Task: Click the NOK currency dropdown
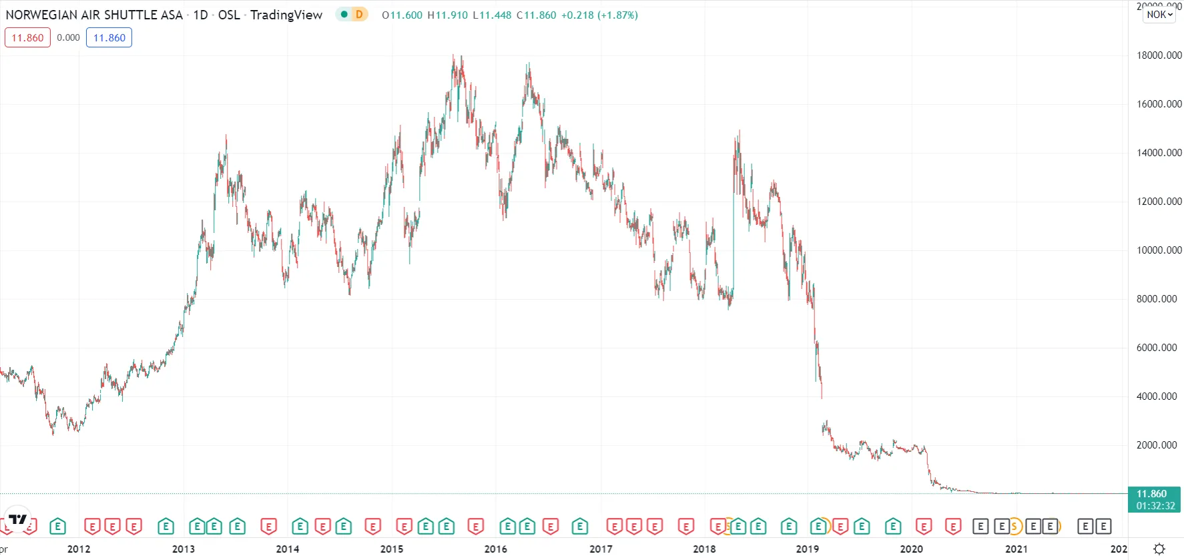click(1159, 14)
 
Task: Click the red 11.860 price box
click(27, 37)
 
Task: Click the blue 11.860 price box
click(109, 37)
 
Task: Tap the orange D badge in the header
click(359, 14)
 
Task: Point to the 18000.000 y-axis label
click(1159, 55)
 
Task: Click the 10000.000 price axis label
click(1159, 250)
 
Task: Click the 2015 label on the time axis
click(392, 549)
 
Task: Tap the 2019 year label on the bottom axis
click(808, 549)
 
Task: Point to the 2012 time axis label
click(79, 549)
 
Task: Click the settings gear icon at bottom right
click(1159, 549)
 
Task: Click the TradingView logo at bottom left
click(17, 519)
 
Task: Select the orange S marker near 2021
click(1014, 527)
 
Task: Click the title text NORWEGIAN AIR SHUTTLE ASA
click(94, 15)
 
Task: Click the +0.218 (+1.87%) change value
click(599, 15)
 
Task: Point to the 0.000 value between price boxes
click(68, 37)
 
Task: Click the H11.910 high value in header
click(447, 15)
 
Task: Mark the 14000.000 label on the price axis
click(1159, 153)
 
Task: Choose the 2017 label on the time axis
click(601, 549)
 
